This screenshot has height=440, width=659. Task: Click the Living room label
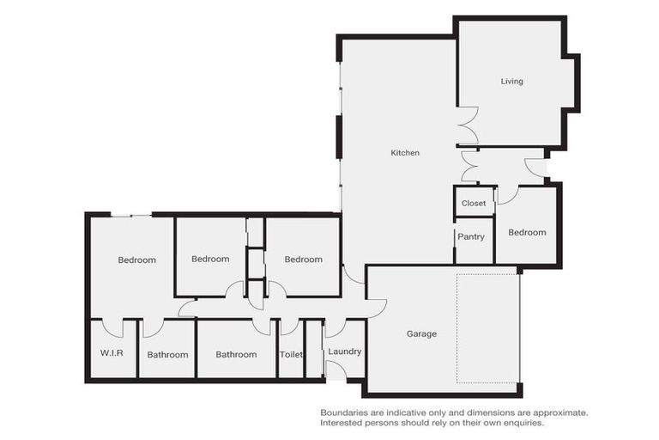pos(511,82)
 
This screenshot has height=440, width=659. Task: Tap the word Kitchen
pos(405,153)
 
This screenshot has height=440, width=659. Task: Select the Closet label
pos(474,204)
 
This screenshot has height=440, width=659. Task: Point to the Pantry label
pos(471,236)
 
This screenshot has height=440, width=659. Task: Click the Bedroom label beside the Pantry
pos(527,232)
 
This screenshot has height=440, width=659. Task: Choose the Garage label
pos(421,333)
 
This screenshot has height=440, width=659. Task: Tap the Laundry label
pos(345,351)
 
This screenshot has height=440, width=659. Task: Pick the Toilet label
pos(291,354)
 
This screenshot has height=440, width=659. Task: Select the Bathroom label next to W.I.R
pos(167,354)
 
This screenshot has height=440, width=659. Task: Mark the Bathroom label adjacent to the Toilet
pos(236,354)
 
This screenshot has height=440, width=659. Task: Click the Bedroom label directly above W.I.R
pos(137,260)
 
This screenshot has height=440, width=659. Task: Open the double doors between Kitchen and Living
pos(468,125)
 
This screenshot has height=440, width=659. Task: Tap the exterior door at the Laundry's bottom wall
pos(336,370)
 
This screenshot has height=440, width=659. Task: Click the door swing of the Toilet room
pos(290,327)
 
